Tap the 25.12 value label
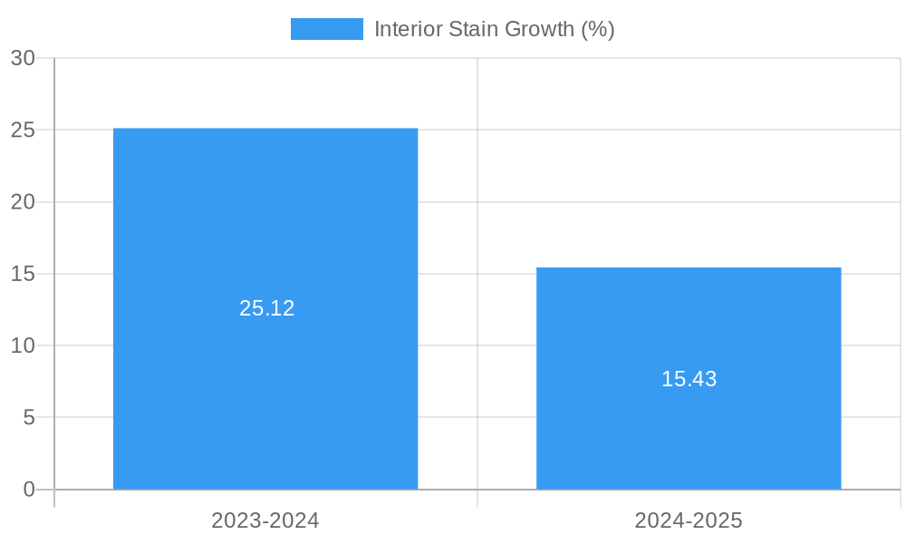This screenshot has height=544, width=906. [x=267, y=308]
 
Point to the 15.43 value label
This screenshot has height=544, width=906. [x=689, y=379]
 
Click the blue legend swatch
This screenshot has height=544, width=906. [x=326, y=29]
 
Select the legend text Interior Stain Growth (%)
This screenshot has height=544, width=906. [x=494, y=29]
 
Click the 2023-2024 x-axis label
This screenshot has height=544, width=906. [x=265, y=520]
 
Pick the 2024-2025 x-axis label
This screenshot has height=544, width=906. [x=689, y=520]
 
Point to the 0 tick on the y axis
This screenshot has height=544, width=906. [x=28, y=490]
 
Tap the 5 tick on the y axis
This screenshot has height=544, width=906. [x=28, y=418]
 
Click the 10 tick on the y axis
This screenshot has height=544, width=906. [x=23, y=345]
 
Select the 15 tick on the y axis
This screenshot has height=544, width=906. [x=23, y=274]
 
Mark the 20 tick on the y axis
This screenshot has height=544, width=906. [x=23, y=202]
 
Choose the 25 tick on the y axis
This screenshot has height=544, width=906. [x=23, y=130]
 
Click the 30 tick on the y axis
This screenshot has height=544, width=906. [x=23, y=58]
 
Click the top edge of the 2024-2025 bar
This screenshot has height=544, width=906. [x=689, y=268]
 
